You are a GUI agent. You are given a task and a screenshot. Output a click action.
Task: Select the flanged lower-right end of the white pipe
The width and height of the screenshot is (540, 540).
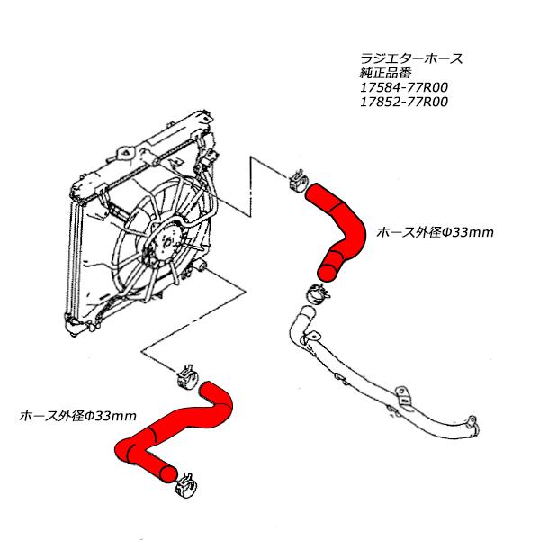tap(470, 431)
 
